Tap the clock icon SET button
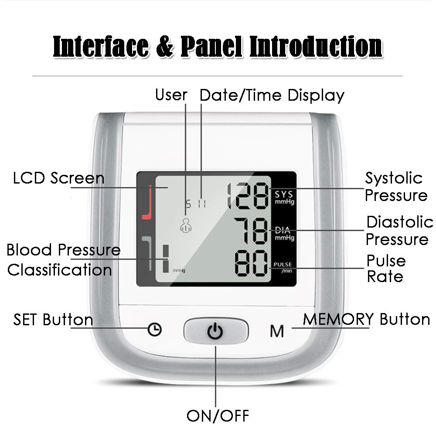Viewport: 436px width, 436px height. (x=154, y=330)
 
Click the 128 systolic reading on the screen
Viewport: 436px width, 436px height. (x=248, y=195)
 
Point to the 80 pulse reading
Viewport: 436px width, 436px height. (x=251, y=263)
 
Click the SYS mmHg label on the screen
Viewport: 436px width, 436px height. (x=284, y=197)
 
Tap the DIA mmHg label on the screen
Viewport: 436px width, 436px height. (x=284, y=234)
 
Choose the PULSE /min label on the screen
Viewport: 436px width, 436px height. (x=283, y=267)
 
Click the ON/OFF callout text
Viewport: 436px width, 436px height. (x=218, y=415)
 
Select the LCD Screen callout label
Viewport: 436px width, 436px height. (x=59, y=178)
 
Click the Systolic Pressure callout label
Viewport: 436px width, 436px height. (x=395, y=187)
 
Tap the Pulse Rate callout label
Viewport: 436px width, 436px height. (x=385, y=269)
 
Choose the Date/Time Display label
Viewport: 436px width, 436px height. (x=272, y=95)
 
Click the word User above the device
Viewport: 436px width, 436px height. (x=171, y=95)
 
